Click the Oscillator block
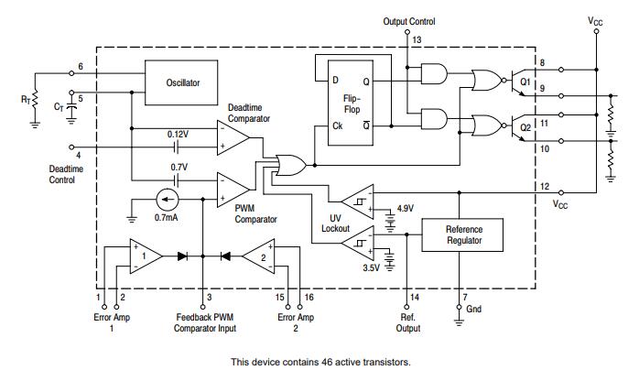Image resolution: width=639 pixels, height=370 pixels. pos(183,82)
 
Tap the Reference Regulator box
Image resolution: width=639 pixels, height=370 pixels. pos(463,235)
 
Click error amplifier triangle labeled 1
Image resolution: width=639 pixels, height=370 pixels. pos(144,256)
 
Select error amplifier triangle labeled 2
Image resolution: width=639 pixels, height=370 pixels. pos(258,256)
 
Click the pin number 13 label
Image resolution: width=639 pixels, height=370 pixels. pos(417,41)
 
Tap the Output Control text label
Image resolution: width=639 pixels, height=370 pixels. pos(407,21)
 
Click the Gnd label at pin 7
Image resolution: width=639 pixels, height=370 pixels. pos(473,309)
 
